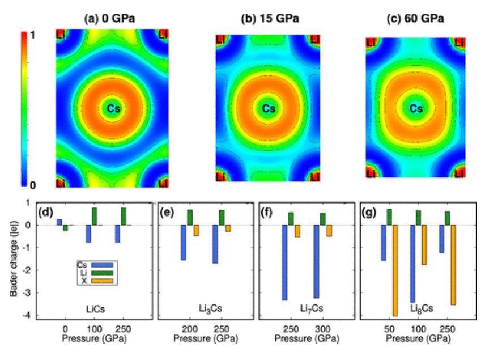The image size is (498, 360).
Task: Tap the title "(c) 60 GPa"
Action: (x=415, y=19)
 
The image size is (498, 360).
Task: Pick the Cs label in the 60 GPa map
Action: (x=416, y=108)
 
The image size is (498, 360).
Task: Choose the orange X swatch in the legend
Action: (x=103, y=281)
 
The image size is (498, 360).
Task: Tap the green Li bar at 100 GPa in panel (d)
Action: (x=94, y=216)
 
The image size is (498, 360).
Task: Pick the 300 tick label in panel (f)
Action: (x=323, y=328)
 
